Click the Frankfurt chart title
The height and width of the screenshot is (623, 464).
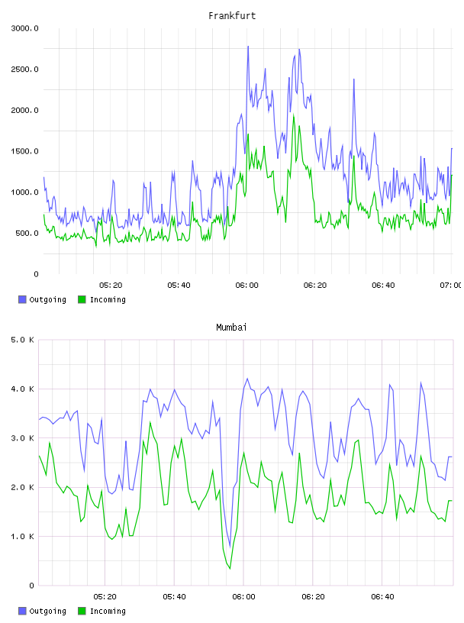[x=232, y=15]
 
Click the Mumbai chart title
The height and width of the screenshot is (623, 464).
[x=231, y=327]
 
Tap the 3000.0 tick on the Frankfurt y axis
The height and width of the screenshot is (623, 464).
[x=24, y=28]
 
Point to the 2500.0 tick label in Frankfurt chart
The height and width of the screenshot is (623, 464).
[x=24, y=69]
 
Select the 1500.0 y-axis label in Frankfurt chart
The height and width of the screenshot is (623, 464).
[x=24, y=151]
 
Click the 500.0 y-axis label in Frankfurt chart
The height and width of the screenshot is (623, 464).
[x=27, y=233]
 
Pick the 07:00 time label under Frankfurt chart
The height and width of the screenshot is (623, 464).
[x=450, y=285]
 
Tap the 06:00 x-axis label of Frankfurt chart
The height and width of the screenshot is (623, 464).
[x=246, y=285]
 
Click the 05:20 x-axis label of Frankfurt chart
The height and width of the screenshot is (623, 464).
[x=111, y=285]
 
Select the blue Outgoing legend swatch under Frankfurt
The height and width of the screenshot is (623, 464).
[x=22, y=299]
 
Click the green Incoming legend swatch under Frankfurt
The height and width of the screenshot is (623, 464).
[x=82, y=299]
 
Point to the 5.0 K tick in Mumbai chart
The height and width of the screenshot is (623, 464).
[x=22, y=340]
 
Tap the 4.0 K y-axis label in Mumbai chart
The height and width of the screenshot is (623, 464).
[x=22, y=389]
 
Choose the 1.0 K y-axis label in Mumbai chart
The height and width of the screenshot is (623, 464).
[x=22, y=537]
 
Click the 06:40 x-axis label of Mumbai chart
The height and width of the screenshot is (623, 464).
[x=382, y=596]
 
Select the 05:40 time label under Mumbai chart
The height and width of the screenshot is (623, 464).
[x=174, y=596]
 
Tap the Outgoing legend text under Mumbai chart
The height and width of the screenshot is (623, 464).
[x=47, y=611]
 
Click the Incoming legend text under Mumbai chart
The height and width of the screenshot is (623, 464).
[x=108, y=611]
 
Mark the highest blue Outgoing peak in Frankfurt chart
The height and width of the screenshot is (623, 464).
[x=248, y=47]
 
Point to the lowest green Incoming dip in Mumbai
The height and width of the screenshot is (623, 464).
[x=230, y=569]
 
